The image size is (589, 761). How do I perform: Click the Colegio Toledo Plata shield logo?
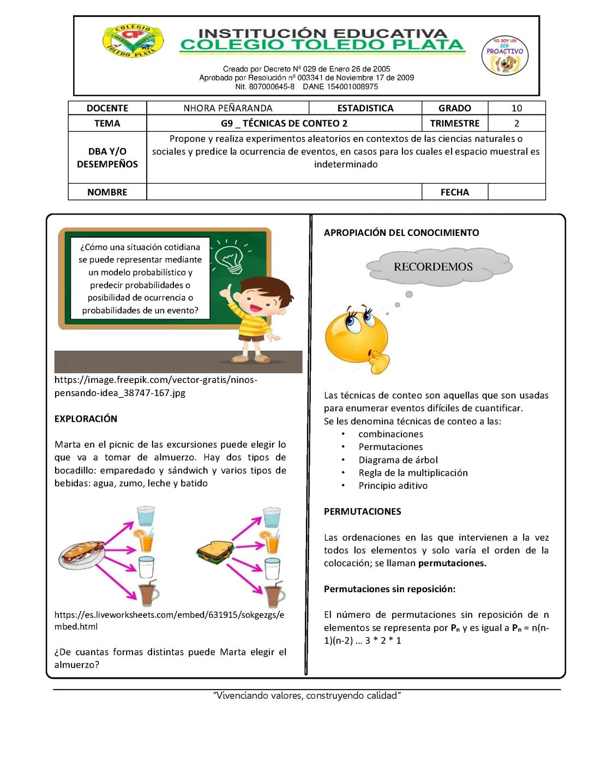[x=133, y=41]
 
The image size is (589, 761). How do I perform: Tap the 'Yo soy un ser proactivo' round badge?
[x=504, y=56]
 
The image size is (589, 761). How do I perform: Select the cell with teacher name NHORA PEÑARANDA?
[x=227, y=108]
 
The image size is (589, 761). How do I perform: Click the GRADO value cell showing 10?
[x=516, y=108]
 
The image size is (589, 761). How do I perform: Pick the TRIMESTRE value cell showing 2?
[x=516, y=123]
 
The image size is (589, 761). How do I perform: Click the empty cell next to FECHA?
[x=516, y=192]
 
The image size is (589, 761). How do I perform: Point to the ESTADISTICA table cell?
[x=365, y=108]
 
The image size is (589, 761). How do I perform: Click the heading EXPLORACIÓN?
[x=86, y=418]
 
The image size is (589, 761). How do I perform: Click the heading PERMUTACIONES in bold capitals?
[x=362, y=511]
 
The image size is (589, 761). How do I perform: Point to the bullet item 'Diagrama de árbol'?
[x=398, y=460]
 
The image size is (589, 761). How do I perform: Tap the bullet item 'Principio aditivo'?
[x=393, y=485]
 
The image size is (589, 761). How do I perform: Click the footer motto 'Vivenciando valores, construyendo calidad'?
[x=307, y=695]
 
